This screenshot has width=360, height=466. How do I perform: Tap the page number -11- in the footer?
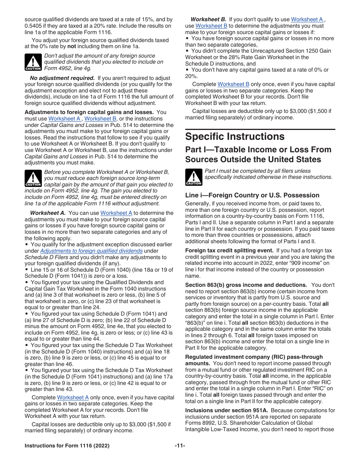(x=180, y=446)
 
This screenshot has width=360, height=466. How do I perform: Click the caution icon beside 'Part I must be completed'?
(x=194, y=177)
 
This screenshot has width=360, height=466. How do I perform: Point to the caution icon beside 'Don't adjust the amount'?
(x=33, y=62)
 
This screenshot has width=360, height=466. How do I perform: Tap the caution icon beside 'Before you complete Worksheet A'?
(x=33, y=178)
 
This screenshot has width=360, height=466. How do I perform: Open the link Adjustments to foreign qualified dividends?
(x=91, y=251)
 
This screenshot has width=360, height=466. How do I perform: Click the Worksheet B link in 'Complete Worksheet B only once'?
(x=233, y=84)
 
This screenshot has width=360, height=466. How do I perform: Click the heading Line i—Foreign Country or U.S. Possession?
(x=252, y=195)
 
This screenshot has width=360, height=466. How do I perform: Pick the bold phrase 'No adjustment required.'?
(x=62, y=78)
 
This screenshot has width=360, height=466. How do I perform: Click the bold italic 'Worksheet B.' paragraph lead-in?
(x=208, y=19)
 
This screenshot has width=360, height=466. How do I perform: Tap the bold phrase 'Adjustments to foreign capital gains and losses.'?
(x=89, y=112)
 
